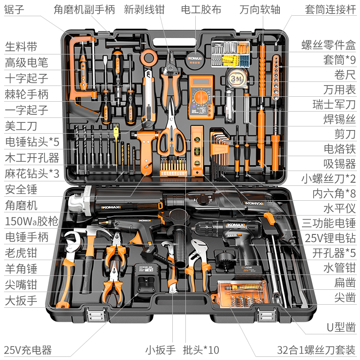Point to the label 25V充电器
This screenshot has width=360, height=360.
28,350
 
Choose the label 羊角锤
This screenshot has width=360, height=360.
21,269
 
